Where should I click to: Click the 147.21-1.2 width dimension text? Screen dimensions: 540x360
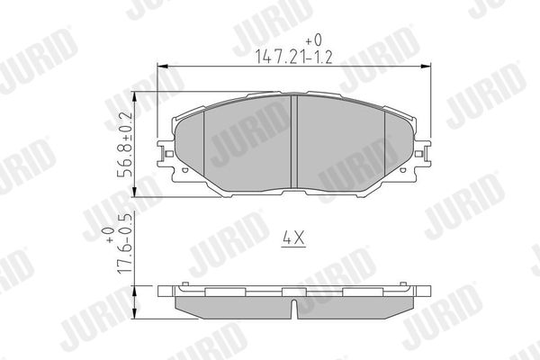click(x=293, y=57)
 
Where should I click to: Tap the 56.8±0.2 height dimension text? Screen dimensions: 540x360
click(x=125, y=144)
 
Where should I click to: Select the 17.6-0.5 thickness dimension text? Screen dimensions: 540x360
click(x=124, y=243)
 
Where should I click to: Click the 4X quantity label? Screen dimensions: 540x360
click(x=293, y=238)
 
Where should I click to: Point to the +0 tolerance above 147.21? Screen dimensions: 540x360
click(x=314, y=40)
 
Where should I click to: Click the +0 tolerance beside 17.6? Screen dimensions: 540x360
click(x=110, y=235)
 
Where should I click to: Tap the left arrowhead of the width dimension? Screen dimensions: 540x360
click(x=162, y=66)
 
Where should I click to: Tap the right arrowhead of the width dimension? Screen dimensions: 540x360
click(x=427, y=66)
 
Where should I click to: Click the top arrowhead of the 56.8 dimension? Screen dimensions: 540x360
click(x=135, y=96)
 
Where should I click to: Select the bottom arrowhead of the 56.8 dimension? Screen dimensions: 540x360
click(x=135, y=192)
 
